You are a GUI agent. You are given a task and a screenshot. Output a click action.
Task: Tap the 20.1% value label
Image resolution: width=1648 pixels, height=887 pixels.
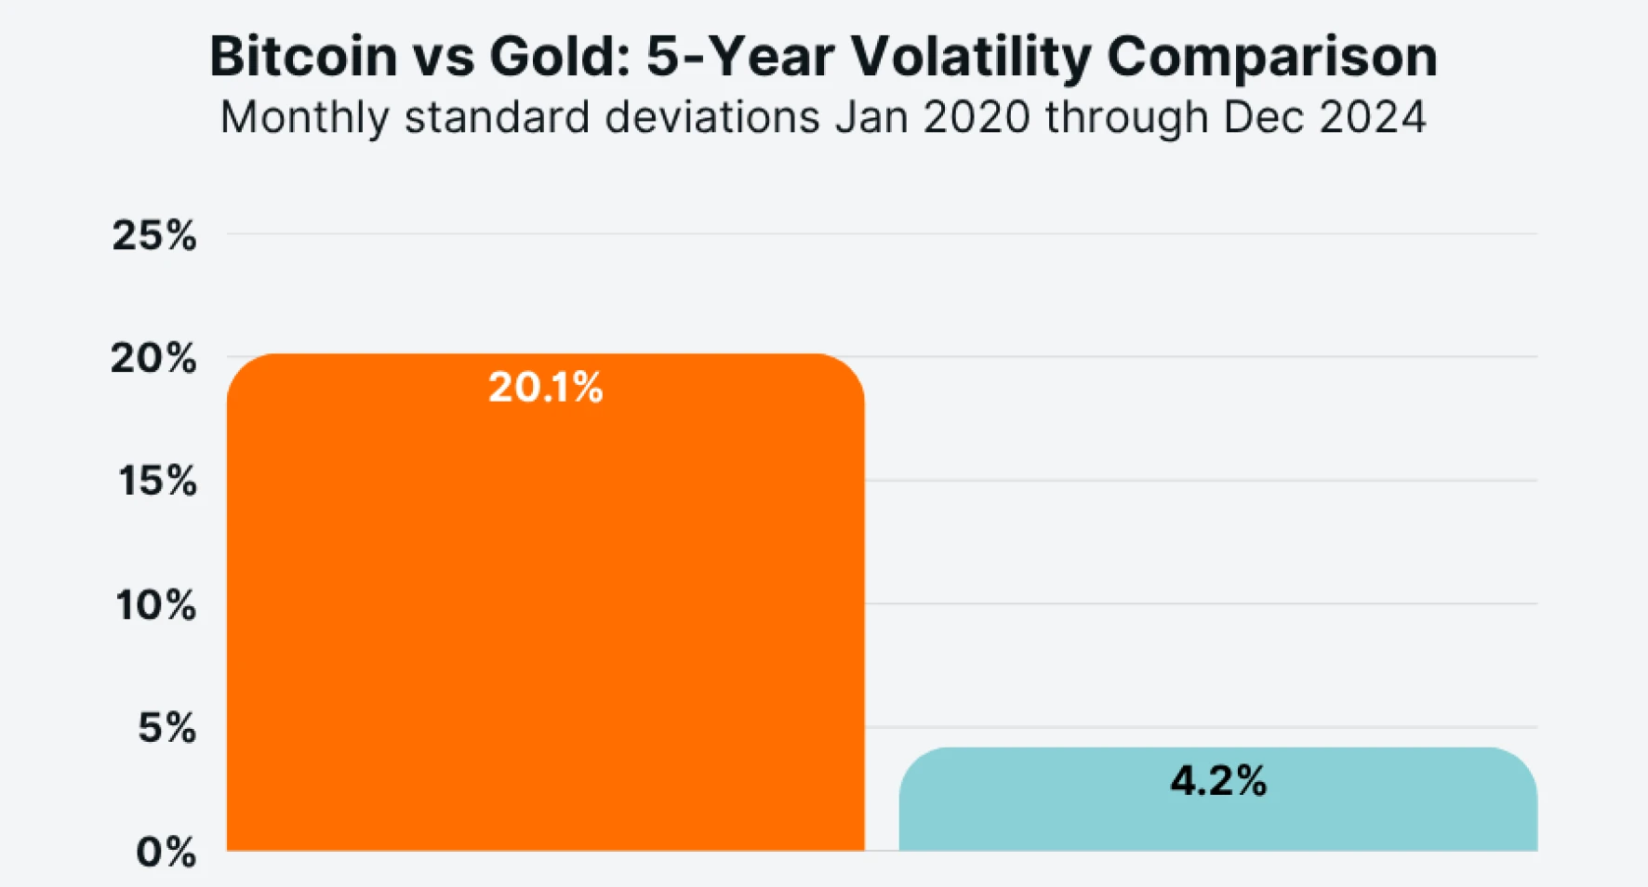(x=546, y=388)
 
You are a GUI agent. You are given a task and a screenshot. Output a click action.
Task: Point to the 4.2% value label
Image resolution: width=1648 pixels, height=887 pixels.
(x=1218, y=781)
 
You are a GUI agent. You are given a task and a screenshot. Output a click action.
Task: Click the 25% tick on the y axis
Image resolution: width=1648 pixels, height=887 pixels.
(x=154, y=235)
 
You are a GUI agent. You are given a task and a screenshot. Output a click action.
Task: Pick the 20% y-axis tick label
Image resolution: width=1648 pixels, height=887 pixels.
(x=153, y=358)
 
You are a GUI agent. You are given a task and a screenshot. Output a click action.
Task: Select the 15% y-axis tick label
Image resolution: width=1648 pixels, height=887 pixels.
(x=157, y=482)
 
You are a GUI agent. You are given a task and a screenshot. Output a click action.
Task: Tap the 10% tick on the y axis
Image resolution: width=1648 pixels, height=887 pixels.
(x=156, y=605)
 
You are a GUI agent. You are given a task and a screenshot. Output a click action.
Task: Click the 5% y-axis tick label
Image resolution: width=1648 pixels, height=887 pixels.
(x=167, y=728)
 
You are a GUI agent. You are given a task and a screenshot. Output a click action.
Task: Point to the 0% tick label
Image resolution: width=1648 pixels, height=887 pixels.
(x=166, y=852)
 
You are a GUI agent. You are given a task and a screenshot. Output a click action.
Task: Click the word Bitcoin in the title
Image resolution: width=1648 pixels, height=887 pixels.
(x=303, y=57)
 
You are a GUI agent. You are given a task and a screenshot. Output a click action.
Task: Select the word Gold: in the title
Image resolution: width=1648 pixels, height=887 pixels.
(x=561, y=57)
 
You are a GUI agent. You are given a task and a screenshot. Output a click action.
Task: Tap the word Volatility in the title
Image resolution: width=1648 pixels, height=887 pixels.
(x=971, y=57)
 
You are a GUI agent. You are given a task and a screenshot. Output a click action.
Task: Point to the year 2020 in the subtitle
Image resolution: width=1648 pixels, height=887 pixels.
(x=977, y=118)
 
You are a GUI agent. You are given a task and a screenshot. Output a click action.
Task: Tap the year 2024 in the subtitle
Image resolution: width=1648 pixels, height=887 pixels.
(x=1372, y=118)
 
